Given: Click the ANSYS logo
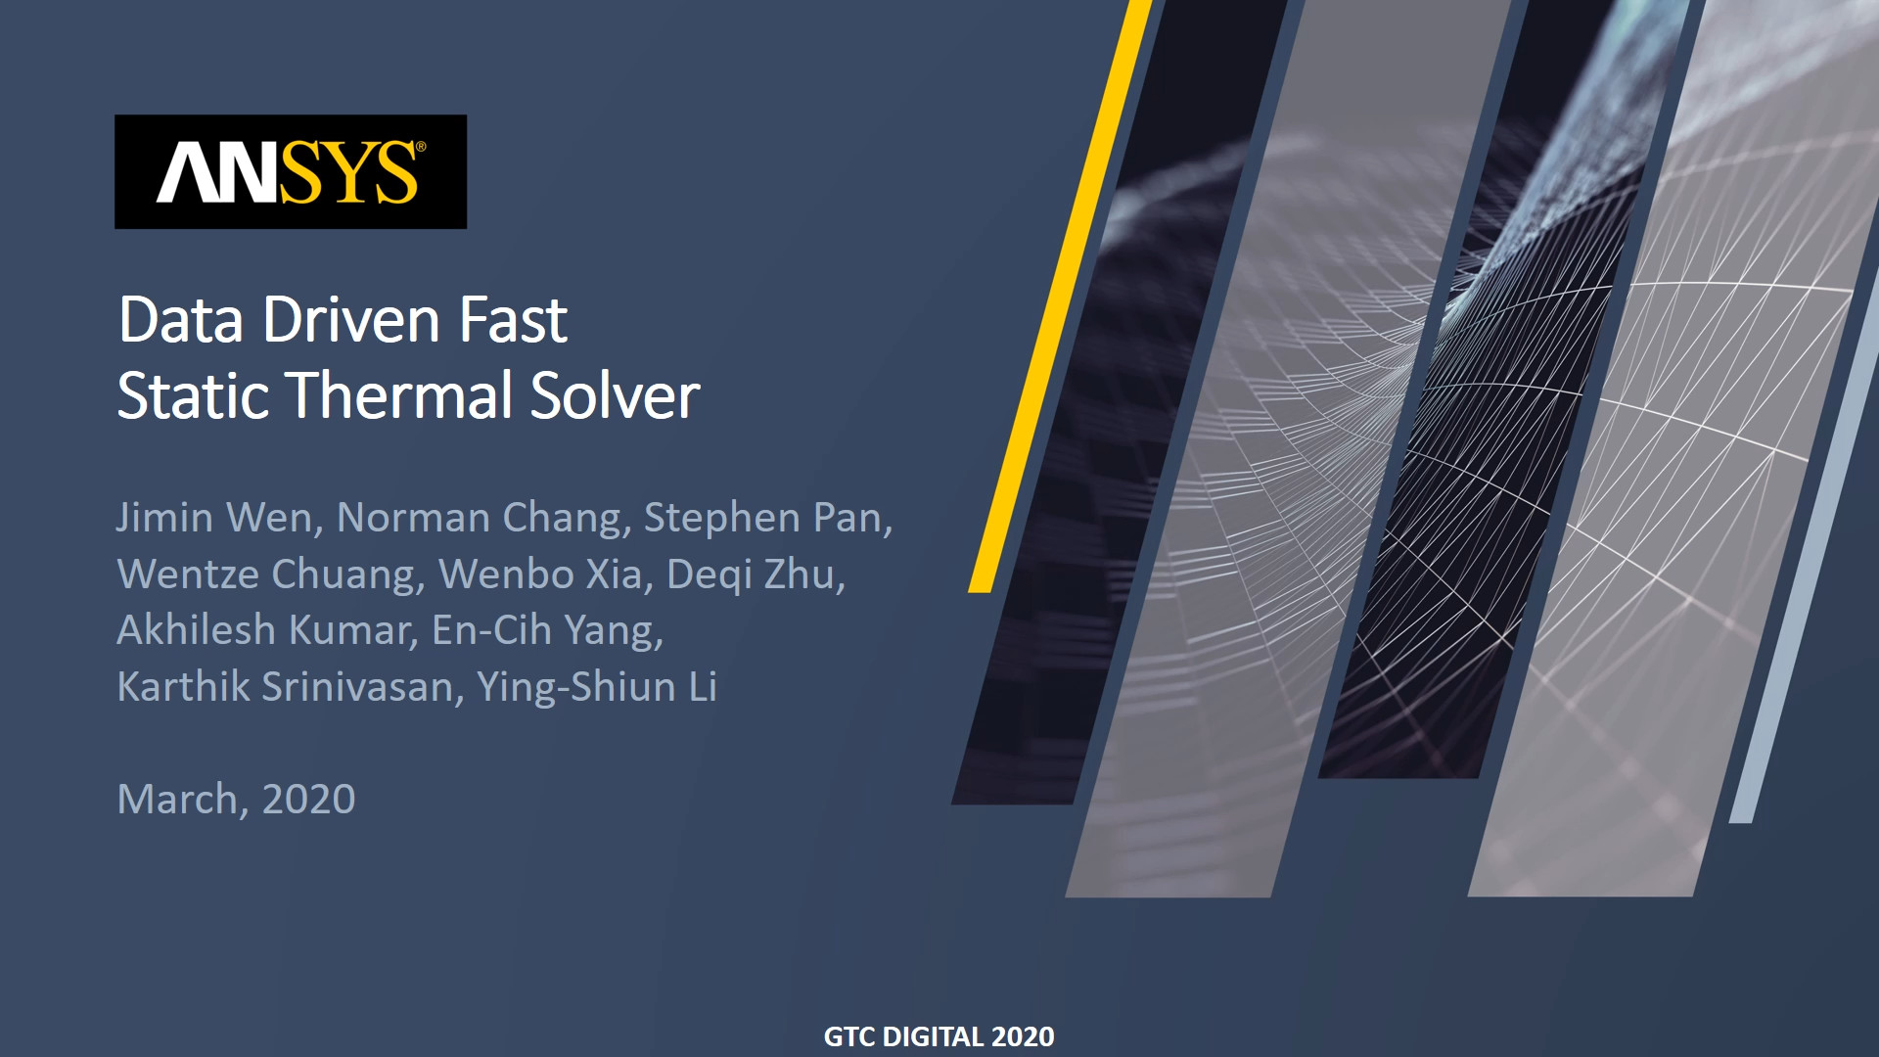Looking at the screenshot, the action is pyautogui.click(x=291, y=172).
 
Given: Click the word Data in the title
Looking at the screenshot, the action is pyautogui.click(x=181, y=320).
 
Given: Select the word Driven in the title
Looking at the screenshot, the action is pyautogui.click(x=350, y=320).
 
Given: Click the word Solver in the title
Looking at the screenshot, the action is pyautogui.click(x=616, y=395).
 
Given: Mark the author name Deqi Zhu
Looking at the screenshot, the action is pyautogui.click(x=751, y=574).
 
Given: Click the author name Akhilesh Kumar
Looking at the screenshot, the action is pyautogui.click(x=263, y=630).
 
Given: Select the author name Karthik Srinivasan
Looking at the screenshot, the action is pyautogui.click(x=285, y=687).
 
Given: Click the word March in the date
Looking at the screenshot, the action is pyautogui.click(x=176, y=800).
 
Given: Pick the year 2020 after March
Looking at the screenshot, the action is pyautogui.click(x=308, y=800).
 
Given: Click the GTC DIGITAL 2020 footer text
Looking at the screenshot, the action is pyautogui.click(x=939, y=1036).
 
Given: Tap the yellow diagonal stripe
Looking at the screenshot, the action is pyautogui.click(x=1060, y=296).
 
